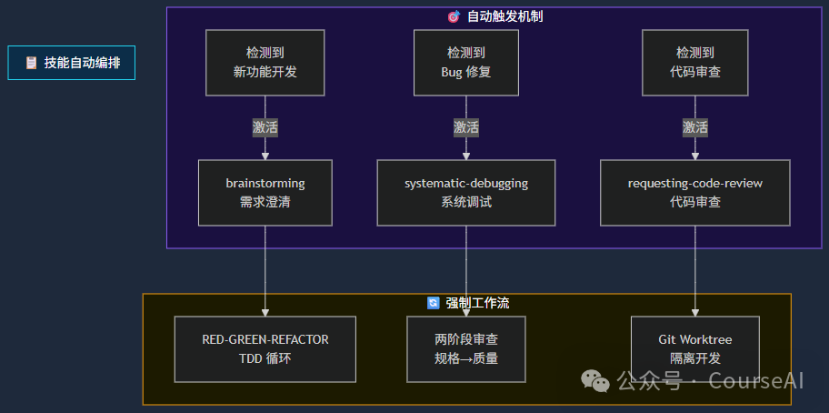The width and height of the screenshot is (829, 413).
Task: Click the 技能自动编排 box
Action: coord(72,63)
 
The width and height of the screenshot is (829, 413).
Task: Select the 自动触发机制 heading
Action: coord(504,16)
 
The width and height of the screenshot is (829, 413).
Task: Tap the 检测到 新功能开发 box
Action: coord(265,63)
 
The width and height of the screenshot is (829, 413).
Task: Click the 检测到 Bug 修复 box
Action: coord(465,63)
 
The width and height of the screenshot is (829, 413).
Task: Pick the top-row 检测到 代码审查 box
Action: coord(694,63)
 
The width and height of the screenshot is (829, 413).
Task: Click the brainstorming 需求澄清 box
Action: coord(265,193)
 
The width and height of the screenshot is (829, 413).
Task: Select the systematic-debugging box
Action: coord(465,193)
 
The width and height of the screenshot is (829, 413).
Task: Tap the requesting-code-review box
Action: coord(694,193)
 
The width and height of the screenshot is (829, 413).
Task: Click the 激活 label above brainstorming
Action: coord(265,127)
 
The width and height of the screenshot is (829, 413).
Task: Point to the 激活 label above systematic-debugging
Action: coord(465,127)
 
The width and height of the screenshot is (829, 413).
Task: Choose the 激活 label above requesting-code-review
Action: coord(694,127)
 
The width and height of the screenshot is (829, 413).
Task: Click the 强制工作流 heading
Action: coord(477,303)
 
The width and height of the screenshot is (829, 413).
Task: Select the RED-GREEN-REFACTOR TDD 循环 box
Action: coord(265,349)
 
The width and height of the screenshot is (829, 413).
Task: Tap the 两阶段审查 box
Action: coord(465,349)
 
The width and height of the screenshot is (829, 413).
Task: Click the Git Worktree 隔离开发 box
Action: coord(694,349)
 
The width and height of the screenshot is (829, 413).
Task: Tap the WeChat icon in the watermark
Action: coord(596,380)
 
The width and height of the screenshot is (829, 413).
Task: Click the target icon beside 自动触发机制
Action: coord(454,16)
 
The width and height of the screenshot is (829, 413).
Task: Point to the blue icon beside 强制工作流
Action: coord(434,303)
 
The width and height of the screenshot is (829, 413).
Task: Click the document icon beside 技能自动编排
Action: coord(31,63)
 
